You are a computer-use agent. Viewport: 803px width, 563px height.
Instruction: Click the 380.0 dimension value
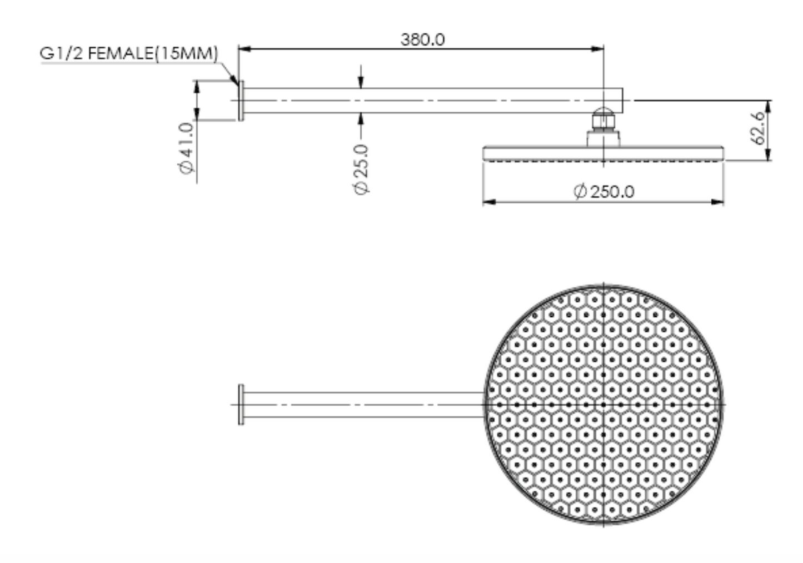422,39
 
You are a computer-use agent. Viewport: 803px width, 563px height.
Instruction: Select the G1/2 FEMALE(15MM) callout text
129,53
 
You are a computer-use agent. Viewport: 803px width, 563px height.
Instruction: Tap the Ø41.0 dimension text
187,148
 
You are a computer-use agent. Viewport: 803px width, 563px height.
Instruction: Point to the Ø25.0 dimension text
361,169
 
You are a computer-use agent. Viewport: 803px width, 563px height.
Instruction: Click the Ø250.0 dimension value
604,191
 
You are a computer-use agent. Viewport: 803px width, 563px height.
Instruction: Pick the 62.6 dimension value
759,127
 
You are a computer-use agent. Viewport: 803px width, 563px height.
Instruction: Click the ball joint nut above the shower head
603,119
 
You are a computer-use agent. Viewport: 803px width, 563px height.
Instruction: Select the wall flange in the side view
241,101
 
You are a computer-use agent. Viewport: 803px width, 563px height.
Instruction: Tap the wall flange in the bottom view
241,404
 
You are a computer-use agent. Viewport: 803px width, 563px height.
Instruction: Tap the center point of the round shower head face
604,405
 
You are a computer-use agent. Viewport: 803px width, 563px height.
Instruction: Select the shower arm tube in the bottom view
361,404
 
